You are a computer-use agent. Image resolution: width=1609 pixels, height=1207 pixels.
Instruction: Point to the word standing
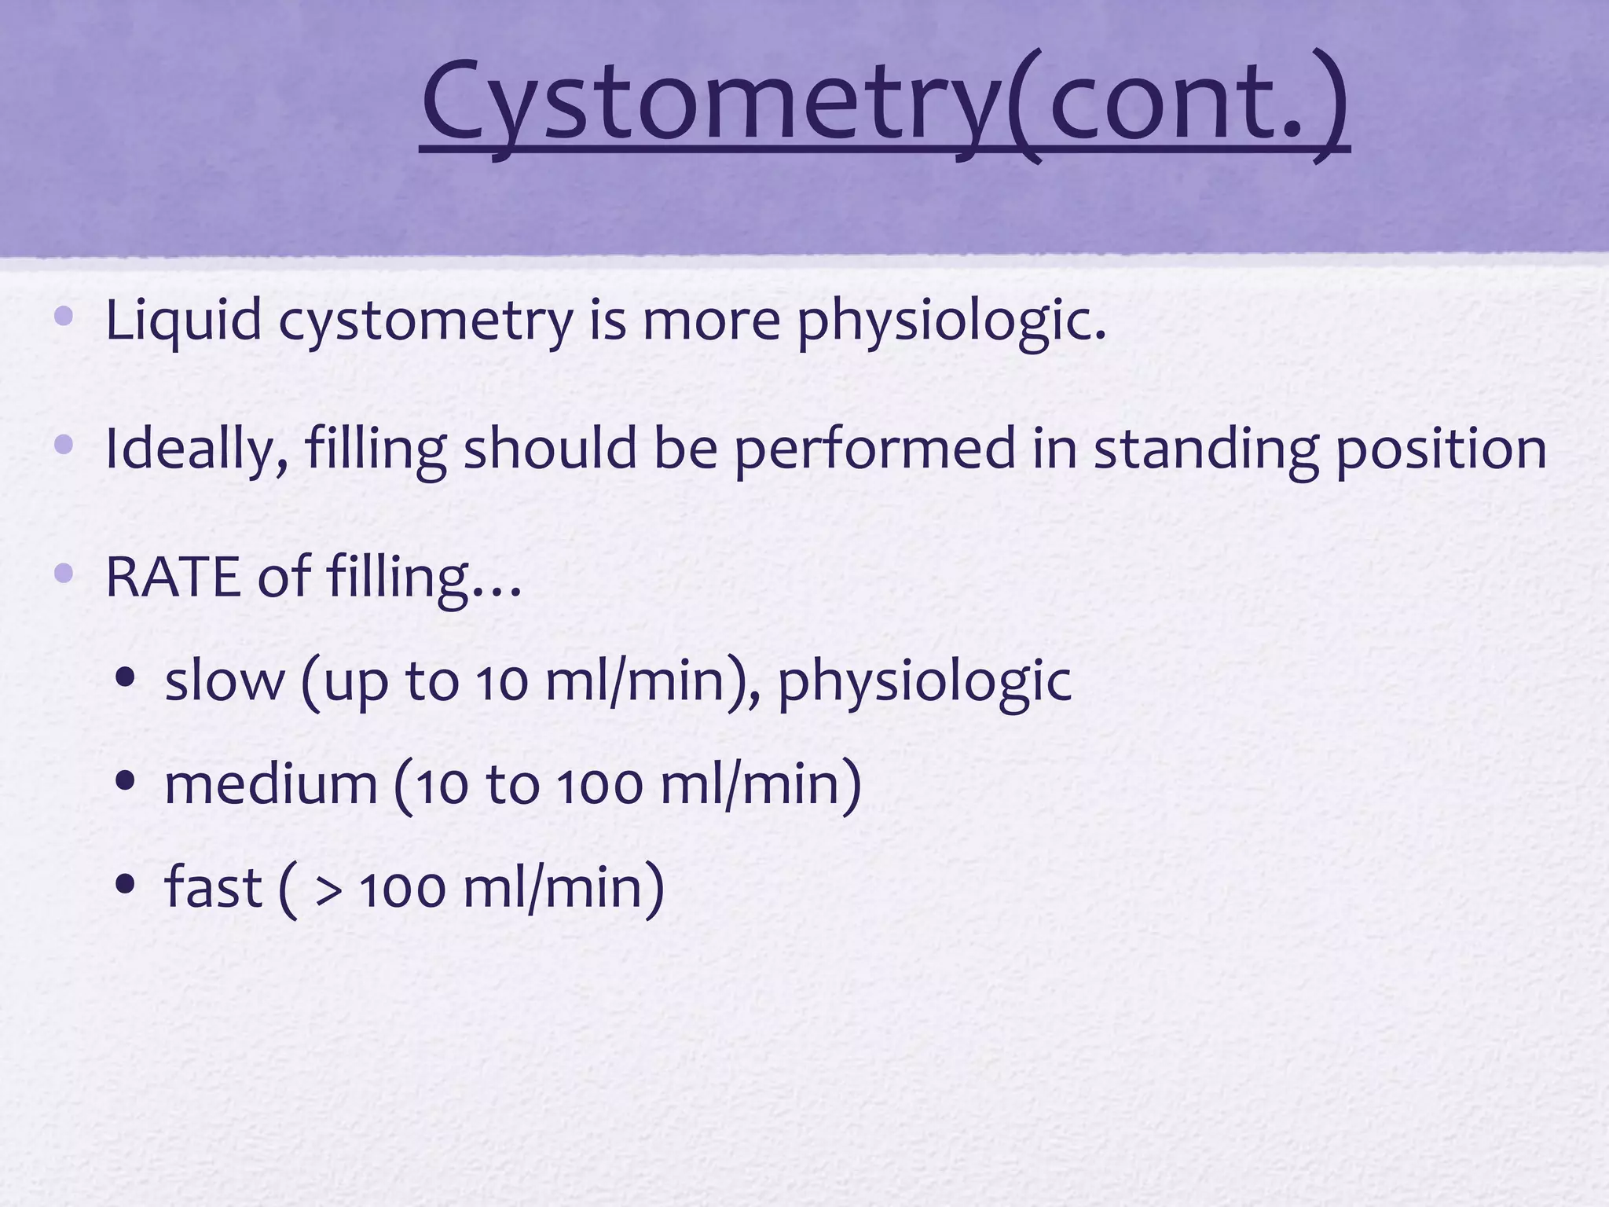pos(1205,449)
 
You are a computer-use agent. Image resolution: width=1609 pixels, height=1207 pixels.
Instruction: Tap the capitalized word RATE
pos(173,578)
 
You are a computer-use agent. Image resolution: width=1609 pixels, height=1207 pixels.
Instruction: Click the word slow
pos(225,681)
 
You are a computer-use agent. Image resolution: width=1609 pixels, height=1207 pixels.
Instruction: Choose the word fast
pos(212,888)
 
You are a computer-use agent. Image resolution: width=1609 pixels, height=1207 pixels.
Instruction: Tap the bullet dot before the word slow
pos(125,678)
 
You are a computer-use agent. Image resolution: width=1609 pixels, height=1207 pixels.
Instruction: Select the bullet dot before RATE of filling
pos(64,574)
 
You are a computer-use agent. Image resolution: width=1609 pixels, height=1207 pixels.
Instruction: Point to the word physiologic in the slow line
pos(924,681)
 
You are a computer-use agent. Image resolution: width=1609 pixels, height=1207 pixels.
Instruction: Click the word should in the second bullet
pos(550,449)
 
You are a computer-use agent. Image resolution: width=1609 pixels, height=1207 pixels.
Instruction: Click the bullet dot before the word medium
pos(125,781)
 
